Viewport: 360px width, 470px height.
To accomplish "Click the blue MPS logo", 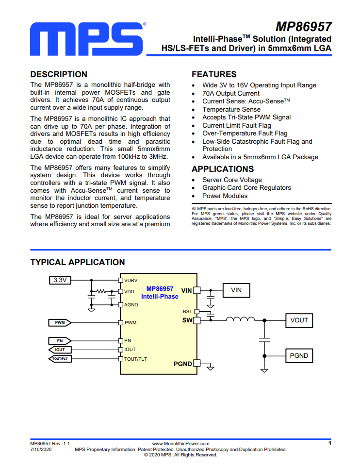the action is coord(87,39).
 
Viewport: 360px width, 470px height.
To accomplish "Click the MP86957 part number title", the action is coord(303,27).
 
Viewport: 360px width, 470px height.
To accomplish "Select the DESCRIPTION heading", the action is coord(59,74).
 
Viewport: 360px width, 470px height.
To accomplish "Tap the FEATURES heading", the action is coord(214,74).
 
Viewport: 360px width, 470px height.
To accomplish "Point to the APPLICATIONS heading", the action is coord(223,169).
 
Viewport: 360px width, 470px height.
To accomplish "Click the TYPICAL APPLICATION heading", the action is coord(78,262).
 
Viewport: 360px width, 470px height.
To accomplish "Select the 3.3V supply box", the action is coord(60,280).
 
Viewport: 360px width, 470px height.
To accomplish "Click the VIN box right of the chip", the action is coord(236,290).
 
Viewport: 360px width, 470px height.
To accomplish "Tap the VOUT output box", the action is coord(299,320).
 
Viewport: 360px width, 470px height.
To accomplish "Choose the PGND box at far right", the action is coord(299,356).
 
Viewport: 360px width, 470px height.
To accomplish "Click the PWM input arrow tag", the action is coord(60,322).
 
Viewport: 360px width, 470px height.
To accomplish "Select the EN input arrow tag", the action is coord(60,341).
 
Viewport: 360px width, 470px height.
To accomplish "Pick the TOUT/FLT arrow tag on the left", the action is coord(60,358).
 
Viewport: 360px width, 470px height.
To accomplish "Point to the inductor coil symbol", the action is coord(241,319).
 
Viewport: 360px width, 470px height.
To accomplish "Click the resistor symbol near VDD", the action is coord(101,291).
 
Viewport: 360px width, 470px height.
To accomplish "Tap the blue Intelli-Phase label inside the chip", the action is coord(160,297).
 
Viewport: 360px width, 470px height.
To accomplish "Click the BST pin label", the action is coord(187,311).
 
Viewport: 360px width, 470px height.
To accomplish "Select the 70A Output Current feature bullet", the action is coord(231,94).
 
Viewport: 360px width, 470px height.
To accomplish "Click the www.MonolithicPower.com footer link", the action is coord(180,444).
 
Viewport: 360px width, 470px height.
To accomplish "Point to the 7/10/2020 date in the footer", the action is coord(41,449).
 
